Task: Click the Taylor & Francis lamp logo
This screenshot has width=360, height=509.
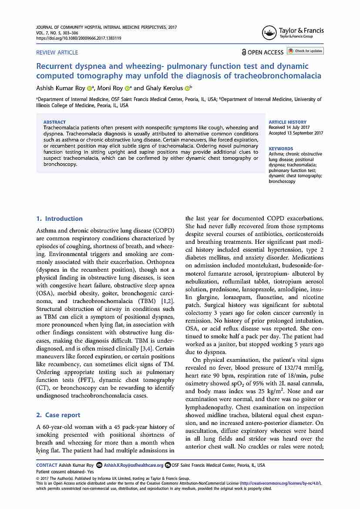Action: click(x=269, y=33)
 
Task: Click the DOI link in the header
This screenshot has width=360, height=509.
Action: click(x=78, y=38)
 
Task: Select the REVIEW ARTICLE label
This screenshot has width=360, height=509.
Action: click(x=57, y=52)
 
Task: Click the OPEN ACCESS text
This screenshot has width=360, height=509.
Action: click(x=265, y=52)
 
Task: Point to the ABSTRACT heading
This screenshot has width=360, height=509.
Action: click(x=54, y=122)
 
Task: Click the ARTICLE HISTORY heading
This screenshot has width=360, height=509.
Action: click(x=287, y=122)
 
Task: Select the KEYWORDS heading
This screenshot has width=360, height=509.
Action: click(x=281, y=149)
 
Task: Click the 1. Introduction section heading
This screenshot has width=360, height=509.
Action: click(x=59, y=219)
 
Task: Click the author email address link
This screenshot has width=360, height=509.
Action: click(x=133, y=465)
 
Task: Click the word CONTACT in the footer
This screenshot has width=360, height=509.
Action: click(x=47, y=465)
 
